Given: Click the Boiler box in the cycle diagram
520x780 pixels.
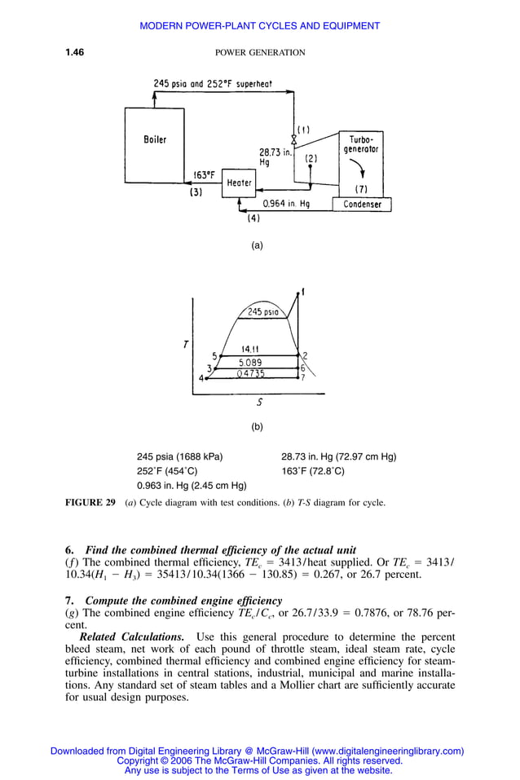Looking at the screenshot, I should tap(155, 139).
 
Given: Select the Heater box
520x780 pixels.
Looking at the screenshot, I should tap(239, 183).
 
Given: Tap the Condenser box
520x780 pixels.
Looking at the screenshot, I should tap(362, 205).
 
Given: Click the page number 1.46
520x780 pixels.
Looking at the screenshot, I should tap(75, 53).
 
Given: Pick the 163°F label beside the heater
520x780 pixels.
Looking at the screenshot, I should tap(204, 174).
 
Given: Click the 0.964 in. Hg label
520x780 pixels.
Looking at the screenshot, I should tap(286, 204).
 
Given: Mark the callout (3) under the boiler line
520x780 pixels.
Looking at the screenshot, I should tap(196, 193).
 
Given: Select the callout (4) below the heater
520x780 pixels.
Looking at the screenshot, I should tap(253, 218).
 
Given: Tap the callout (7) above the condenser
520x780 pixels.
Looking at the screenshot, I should tap(361, 189).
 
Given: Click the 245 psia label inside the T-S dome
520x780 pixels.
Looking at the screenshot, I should tap(262, 312).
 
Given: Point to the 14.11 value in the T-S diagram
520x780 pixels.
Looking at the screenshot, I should tap(250, 349).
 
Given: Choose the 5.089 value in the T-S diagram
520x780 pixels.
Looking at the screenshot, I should tap(250, 362).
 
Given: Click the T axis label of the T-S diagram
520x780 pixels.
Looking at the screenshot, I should tap(186, 345).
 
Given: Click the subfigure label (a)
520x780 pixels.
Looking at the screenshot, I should tap(257, 245).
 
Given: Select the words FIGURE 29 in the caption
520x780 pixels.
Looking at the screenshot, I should tap(90, 503).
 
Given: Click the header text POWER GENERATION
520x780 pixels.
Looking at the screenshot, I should tap(259, 53).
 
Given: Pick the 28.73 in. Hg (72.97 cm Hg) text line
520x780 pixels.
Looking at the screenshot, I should tap(338, 456).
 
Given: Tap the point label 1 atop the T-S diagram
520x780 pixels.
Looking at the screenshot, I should tap(303, 292).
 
